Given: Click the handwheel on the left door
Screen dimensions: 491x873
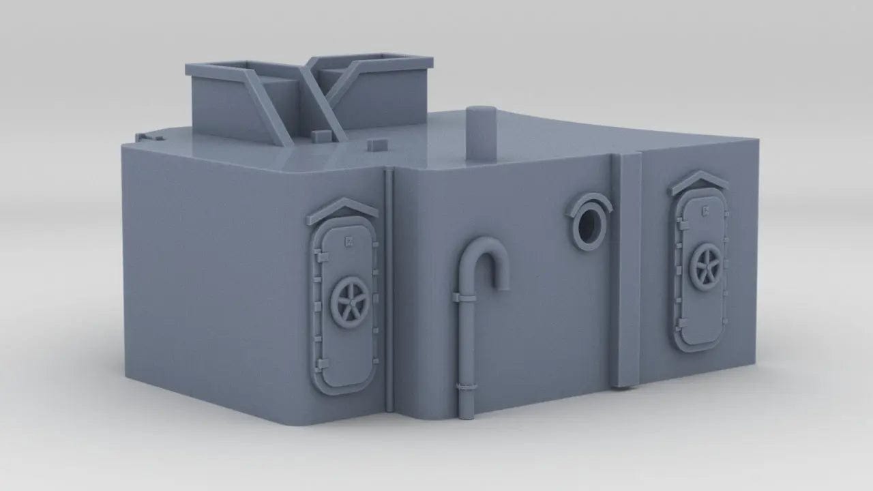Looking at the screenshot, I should coord(350,303).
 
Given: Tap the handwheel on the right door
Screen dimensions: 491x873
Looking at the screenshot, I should coord(705,267).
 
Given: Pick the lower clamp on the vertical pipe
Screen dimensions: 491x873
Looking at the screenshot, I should coord(467,388).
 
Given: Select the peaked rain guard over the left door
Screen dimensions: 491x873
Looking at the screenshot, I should coord(342,209).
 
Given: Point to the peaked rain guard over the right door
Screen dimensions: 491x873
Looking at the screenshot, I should coord(698,180).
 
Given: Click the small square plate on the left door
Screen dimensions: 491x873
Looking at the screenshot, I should coord(349,239).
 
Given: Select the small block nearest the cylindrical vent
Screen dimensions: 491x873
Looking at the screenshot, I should coord(377,145).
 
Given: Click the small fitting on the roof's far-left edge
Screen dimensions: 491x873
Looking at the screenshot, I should coord(145,137).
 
